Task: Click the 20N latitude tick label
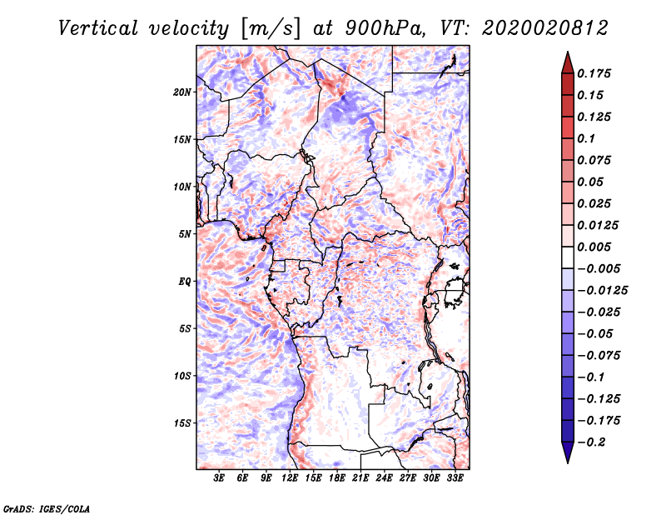(182, 92)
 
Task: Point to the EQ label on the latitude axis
(185, 282)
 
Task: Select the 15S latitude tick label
(182, 423)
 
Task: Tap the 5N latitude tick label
(185, 234)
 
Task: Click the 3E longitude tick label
(220, 478)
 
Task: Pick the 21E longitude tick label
(360, 478)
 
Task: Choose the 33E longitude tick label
(455, 478)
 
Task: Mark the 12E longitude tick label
(291, 478)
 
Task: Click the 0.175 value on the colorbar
(595, 73)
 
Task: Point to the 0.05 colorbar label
(592, 182)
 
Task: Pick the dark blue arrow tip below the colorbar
(567, 456)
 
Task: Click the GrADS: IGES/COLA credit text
(46, 507)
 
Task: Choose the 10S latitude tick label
(182, 376)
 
